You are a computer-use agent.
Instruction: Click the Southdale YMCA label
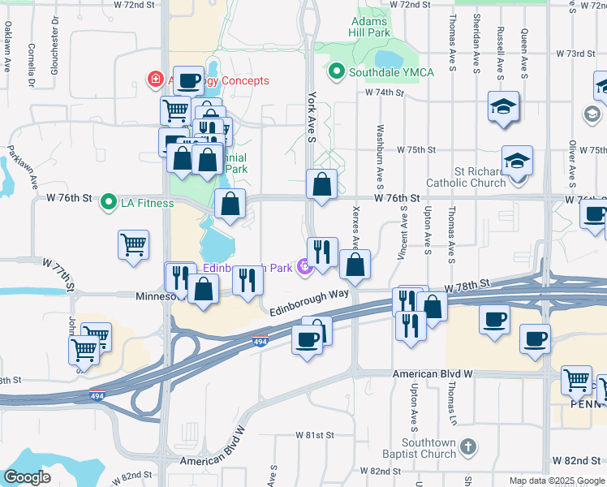(x=391, y=72)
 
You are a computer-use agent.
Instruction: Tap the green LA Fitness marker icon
(x=107, y=202)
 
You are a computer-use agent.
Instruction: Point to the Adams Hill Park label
(x=371, y=26)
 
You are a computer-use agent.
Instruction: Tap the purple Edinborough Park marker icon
(x=305, y=266)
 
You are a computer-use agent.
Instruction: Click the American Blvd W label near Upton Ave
(x=433, y=374)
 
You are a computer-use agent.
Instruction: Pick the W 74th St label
(x=385, y=93)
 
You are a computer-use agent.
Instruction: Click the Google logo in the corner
(x=28, y=476)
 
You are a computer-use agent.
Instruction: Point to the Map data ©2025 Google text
(x=556, y=481)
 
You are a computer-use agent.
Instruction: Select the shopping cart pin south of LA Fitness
(x=134, y=243)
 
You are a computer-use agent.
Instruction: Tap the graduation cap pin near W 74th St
(x=503, y=106)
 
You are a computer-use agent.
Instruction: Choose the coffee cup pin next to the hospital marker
(x=189, y=80)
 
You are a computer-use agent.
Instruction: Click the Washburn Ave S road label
(x=379, y=157)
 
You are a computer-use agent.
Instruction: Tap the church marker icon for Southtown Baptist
(x=467, y=446)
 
